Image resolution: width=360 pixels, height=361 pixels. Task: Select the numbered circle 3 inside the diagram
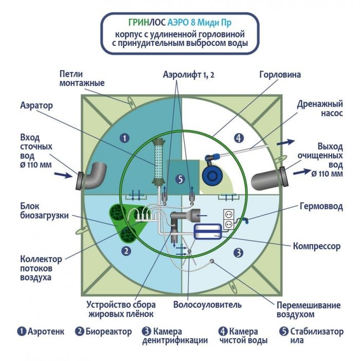238,252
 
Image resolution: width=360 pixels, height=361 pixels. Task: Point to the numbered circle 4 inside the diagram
238,137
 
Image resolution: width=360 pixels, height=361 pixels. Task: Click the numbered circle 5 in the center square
179,179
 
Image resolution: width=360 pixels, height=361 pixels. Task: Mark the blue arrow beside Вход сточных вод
63,175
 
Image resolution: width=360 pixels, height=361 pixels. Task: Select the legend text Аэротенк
46,331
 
